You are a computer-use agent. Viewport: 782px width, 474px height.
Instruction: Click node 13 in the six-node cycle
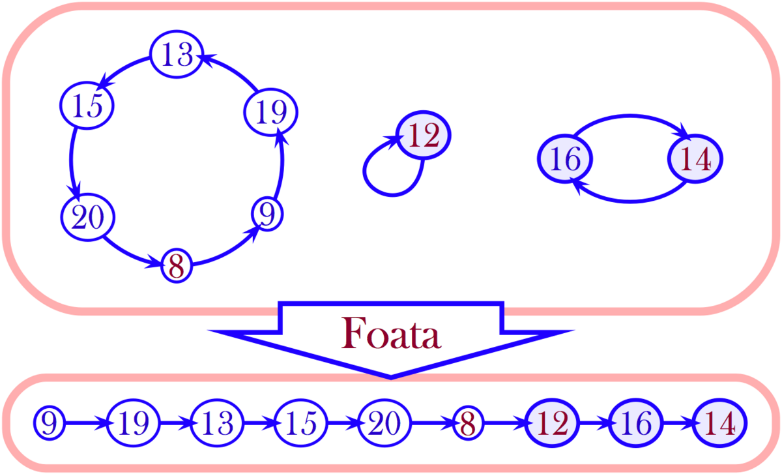176,55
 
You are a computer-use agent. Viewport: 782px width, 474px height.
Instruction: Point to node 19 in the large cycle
270,112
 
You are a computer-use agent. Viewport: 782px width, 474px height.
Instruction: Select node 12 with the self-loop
424,136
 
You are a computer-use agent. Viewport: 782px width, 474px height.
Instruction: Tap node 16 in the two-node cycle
564,159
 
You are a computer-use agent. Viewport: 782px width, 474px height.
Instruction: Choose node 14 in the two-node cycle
696,159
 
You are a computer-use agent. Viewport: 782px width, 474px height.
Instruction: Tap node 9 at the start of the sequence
50,424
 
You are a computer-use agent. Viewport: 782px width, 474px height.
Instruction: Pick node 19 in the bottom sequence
134,424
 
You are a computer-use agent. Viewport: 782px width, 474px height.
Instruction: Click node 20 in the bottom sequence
384,424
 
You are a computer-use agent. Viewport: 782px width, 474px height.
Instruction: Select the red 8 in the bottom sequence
468,424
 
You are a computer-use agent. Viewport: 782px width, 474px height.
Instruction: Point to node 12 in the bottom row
551,424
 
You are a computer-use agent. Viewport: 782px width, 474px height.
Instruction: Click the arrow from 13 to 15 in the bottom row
259,424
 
